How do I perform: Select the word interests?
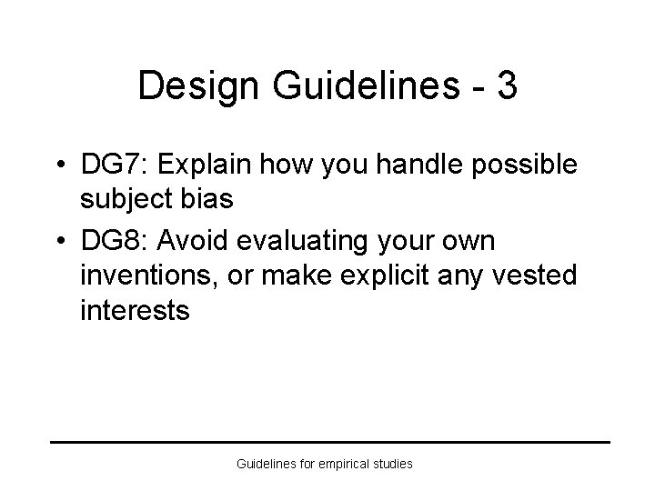click(135, 310)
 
